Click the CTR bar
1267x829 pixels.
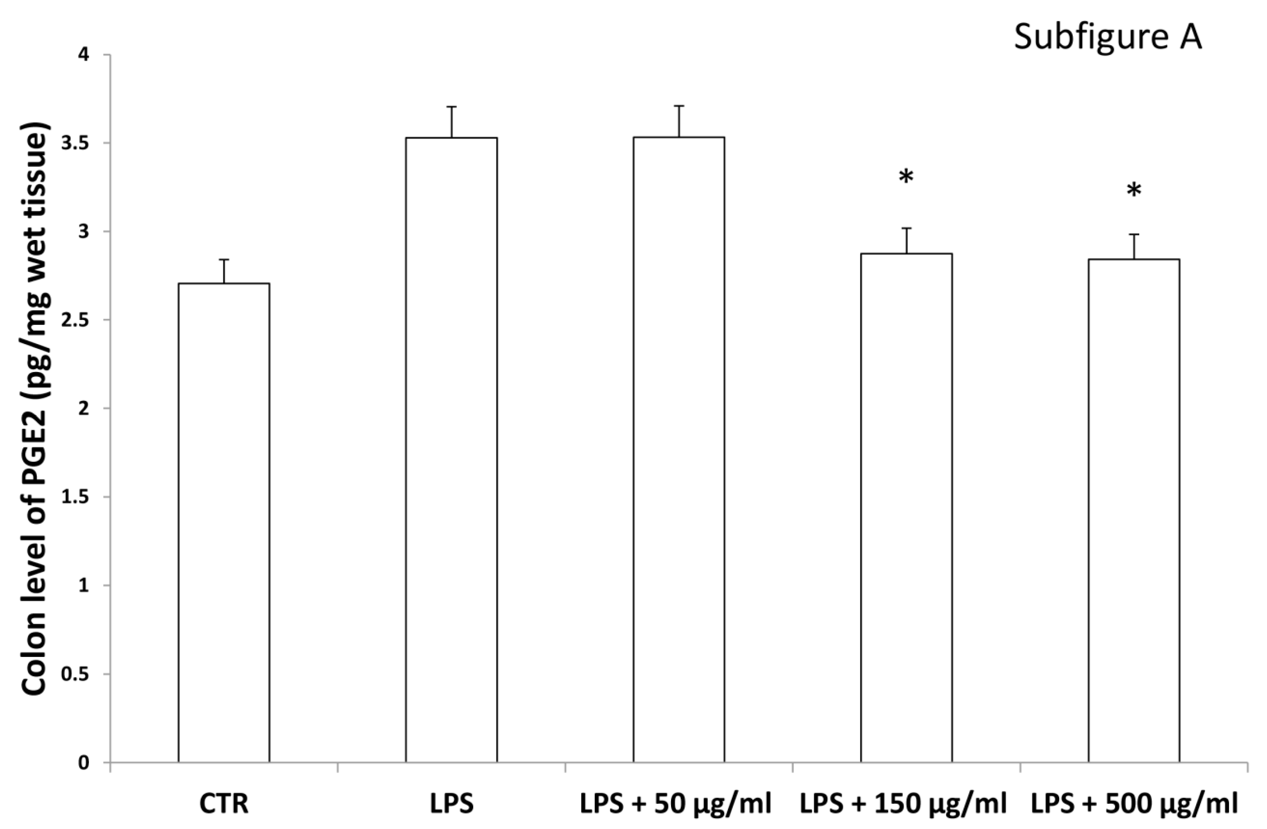click(x=223, y=521)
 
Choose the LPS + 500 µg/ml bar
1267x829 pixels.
click(x=1134, y=511)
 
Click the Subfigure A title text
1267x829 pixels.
click(x=1107, y=37)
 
